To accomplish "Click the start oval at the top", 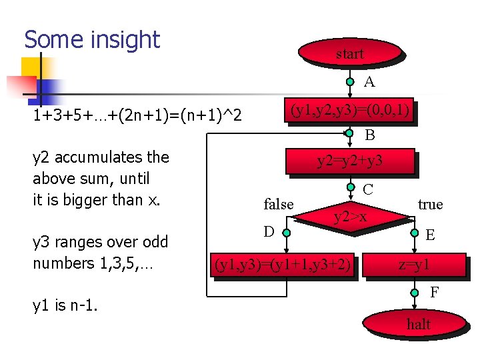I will point(349,53).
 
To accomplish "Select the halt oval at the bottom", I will point(418,325).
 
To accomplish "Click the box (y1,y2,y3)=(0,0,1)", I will point(349,110).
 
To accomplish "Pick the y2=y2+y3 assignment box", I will point(349,161).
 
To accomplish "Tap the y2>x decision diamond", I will point(350,216).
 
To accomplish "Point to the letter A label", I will point(369,82).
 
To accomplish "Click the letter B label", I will point(369,135).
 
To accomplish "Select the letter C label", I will point(368,189).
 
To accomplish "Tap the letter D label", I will point(268,231).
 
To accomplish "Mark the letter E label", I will point(431,235).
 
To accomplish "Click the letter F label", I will point(434,292).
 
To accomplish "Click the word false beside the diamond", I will point(279,204).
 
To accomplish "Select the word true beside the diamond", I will point(430,204).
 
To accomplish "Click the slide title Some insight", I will point(92,40).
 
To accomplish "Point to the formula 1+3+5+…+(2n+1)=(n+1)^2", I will point(137,116).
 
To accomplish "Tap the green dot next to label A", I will point(350,82).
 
